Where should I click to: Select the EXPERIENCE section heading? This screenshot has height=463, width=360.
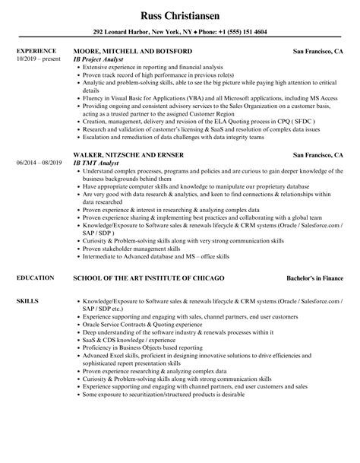point(36,51)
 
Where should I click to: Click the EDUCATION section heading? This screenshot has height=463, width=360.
point(34,278)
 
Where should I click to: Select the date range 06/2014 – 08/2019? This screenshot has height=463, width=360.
point(38,163)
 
